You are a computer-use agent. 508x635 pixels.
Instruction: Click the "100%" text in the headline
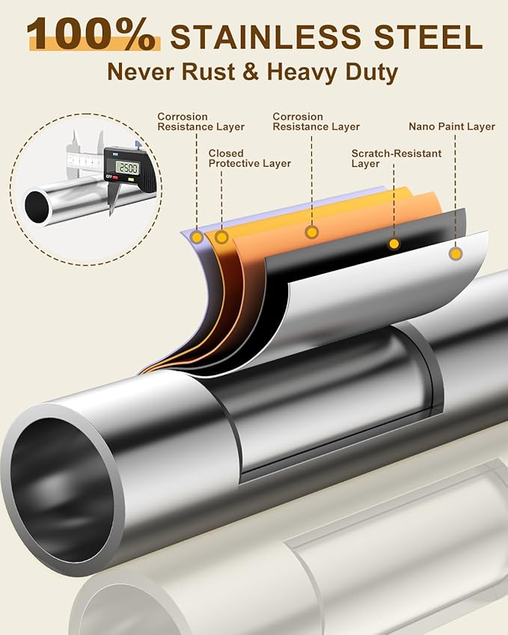[91, 34]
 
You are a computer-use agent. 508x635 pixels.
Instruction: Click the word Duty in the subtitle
[370, 73]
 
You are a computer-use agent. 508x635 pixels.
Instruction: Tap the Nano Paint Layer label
[451, 126]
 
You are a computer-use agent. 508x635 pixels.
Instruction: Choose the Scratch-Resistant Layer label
[396, 158]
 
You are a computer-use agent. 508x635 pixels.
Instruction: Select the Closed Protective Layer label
[249, 158]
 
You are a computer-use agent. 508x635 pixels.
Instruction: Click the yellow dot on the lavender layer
[196, 238]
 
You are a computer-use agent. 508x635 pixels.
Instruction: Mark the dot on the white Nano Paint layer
[455, 254]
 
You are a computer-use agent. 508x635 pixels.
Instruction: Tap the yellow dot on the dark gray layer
[394, 244]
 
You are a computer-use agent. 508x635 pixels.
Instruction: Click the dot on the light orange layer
[312, 232]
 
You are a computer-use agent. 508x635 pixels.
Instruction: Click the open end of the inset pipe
[37, 206]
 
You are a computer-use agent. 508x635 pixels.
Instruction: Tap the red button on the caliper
[115, 178]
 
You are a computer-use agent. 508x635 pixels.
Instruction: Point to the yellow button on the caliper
[131, 180]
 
